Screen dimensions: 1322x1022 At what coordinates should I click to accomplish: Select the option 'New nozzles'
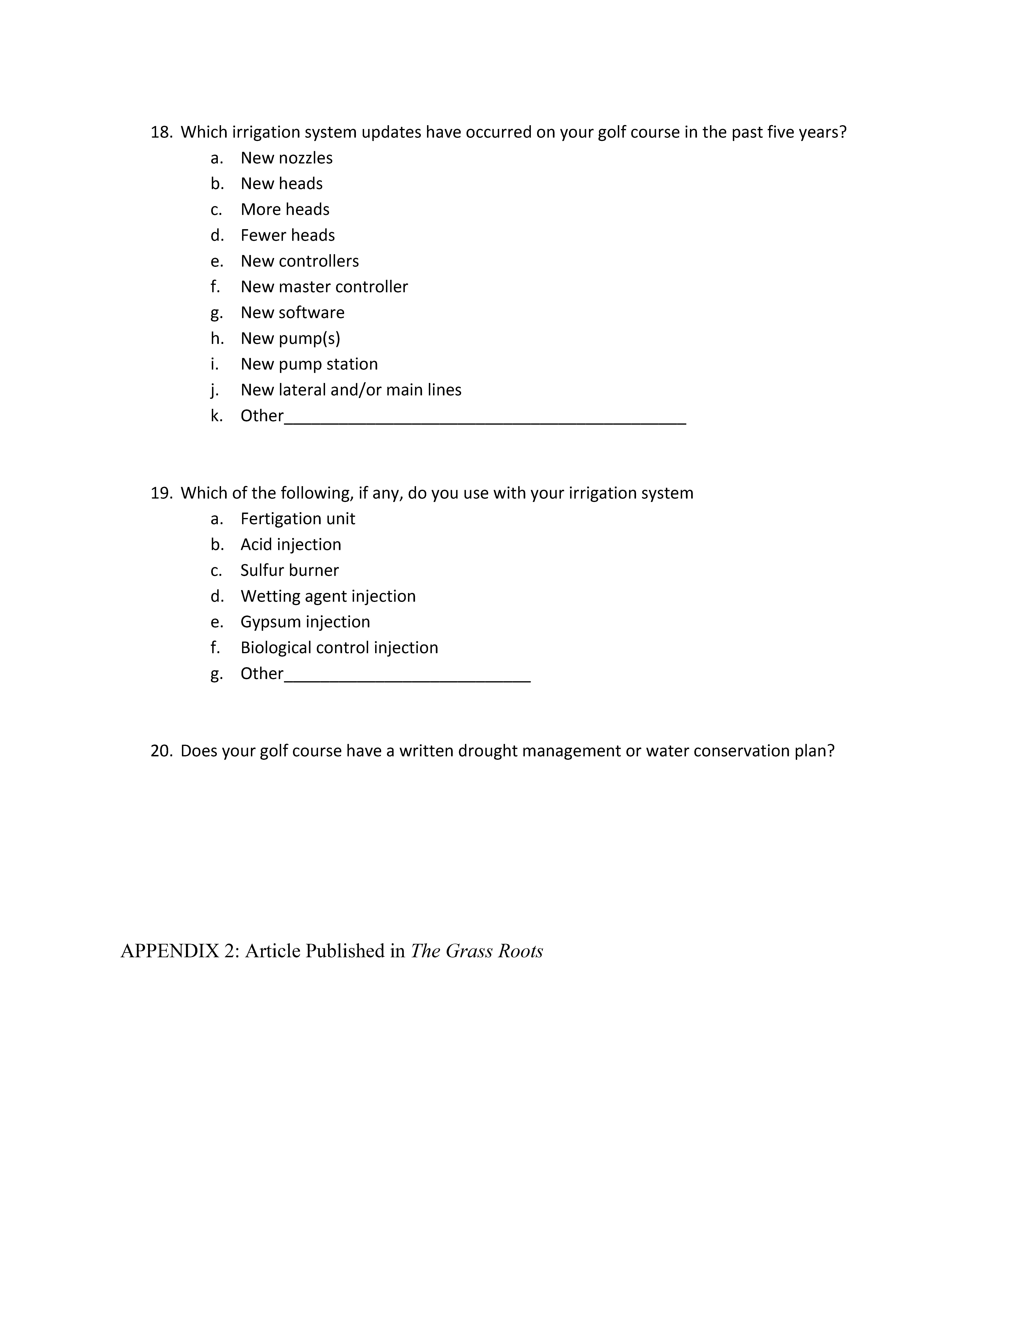pyautogui.click(x=286, y=158)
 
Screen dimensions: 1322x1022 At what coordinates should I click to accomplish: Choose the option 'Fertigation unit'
pyautogui.click(x=297, y=519)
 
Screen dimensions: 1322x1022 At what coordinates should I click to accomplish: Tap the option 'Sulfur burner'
pyautogui.click(x=289, y=570)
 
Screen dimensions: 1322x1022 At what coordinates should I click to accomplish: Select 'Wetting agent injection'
pyautogui.click(x=328, y=596)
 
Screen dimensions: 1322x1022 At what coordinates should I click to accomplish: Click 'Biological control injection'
pyautogui.click(x=339, y=648)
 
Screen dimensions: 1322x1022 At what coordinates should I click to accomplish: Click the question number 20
pyautogui.click(x=161, y=751)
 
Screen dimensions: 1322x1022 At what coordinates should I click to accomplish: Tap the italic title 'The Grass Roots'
pyautogui.click(x=477, y=951)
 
